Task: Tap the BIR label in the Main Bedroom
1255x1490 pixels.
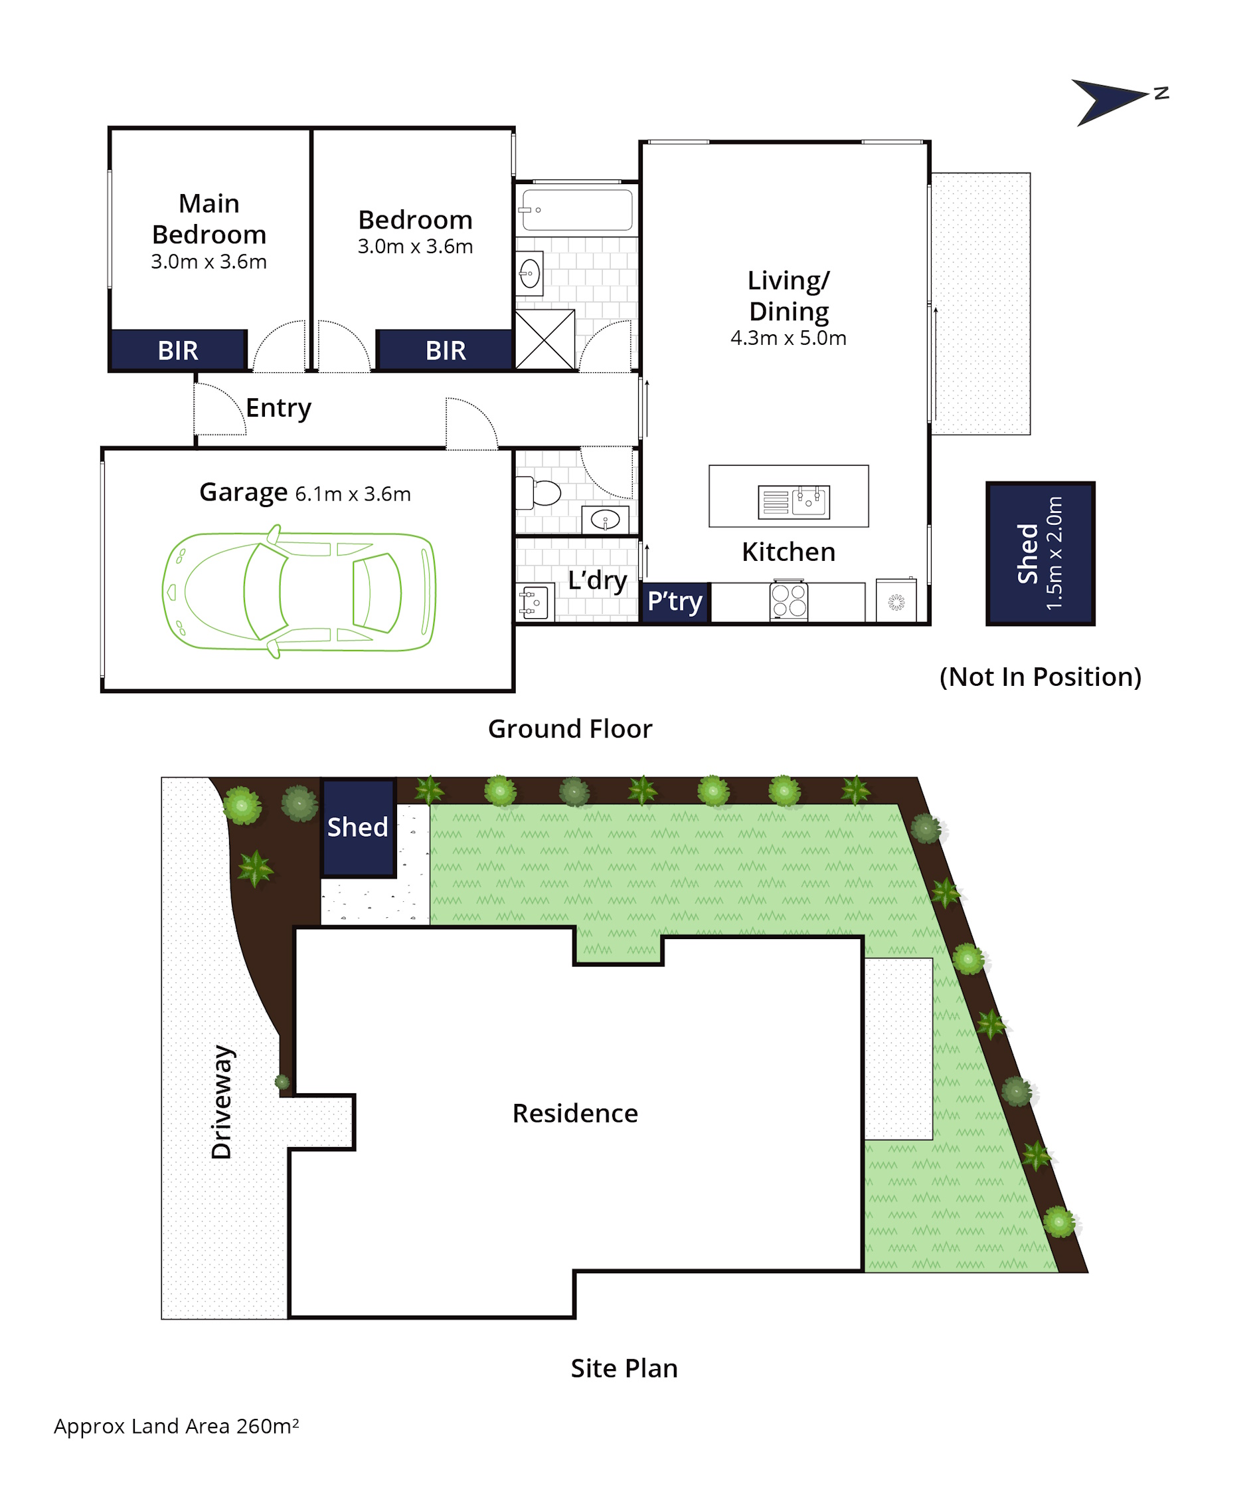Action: click(178, 351)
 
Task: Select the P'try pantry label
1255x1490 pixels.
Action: click(675, 601)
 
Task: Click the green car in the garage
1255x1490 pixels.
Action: click(299, 591)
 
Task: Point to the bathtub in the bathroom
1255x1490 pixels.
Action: click(577, 209)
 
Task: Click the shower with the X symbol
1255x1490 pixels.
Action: click(544, 339)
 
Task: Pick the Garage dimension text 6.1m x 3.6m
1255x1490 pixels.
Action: click(353, 494)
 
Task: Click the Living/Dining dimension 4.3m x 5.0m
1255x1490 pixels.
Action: click(788, 338)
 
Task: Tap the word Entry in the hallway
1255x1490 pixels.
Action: click(278, 409)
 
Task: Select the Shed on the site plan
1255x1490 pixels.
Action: click(358, 827)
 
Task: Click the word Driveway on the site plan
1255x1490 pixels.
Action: click(222, 1102)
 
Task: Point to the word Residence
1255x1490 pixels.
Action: click(575, 1113)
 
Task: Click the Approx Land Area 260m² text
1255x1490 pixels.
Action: click(177, 1426)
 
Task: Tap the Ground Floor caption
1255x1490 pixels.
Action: click(570, 729)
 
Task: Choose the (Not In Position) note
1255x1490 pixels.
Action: click(1040, 677)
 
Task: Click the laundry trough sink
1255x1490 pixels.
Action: click(535, 602)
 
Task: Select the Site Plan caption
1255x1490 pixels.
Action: click(624, 1368)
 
